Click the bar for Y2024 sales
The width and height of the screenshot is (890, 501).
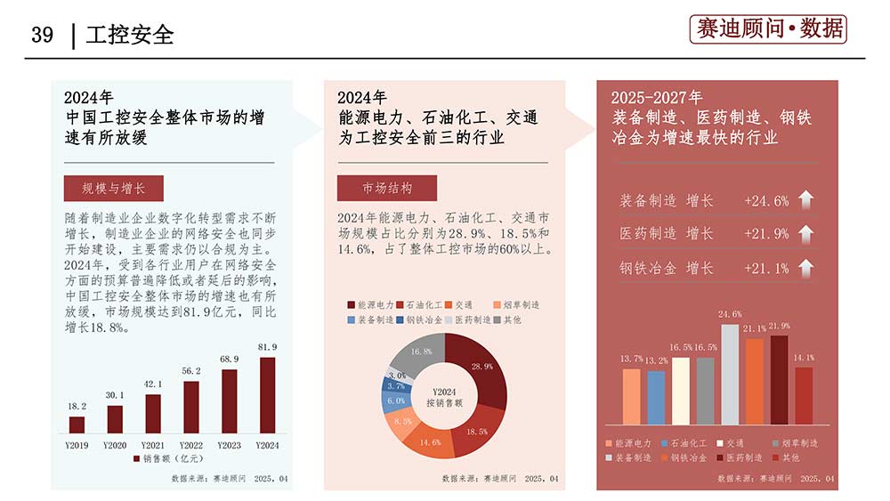[x=267, y=395]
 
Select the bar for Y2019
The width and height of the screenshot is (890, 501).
[x=77, y=424]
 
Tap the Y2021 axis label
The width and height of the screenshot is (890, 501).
[x=153, y=444]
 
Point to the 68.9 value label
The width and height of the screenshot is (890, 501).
[x=229, y=359]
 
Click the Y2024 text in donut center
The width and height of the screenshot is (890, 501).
[x=443, y=392]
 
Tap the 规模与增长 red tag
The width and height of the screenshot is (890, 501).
[x=113, y=188]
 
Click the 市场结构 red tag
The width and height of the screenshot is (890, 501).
[x=387, y=188]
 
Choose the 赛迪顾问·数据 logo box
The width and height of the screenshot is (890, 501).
[x=768, y=28]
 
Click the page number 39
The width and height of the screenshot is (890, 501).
[x=42, y=35]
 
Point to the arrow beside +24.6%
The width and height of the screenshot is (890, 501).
[x=805, y=200]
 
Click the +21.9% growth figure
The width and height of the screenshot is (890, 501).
[x=766, y=233]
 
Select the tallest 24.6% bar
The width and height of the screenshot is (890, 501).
[x=730, y=374]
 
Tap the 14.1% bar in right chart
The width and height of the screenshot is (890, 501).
[x=804, y=395]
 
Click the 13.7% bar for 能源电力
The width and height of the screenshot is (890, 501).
[x=631, y=396]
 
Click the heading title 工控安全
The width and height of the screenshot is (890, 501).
[x=130, y=35]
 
